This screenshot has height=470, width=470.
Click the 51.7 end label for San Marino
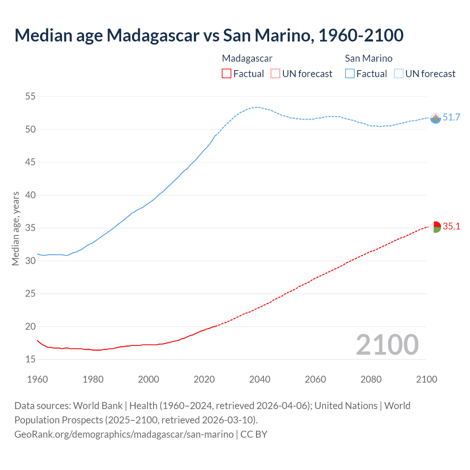click(451, 117)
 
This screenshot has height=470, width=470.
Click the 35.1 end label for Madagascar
click(451, 226)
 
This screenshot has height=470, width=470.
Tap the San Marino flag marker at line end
click(435, 118)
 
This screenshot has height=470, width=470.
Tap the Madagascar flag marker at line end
click(435, 227)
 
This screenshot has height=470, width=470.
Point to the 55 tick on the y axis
click(30, 97)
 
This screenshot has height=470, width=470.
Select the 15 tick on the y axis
click(30, 359)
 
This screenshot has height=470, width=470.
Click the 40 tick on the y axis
click(30, 195)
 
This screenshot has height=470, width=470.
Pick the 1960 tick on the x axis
click(37, 379)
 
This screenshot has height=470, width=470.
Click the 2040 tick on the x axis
click(260, 379)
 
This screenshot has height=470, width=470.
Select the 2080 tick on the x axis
click(371, 379)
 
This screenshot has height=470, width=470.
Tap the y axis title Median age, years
click(15, 228)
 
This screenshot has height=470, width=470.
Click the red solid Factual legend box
click(227, 74)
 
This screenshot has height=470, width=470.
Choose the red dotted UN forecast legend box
click(275, 74)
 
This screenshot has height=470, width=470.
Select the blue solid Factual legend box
click(350, 74)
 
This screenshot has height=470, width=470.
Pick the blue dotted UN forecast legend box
click(399, 74)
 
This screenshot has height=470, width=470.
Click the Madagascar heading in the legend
click(247, 58)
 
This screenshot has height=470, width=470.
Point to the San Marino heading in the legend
click(369, 58)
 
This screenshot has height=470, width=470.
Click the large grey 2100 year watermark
click(387, 345)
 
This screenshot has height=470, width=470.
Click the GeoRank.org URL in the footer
click(124, 434)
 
